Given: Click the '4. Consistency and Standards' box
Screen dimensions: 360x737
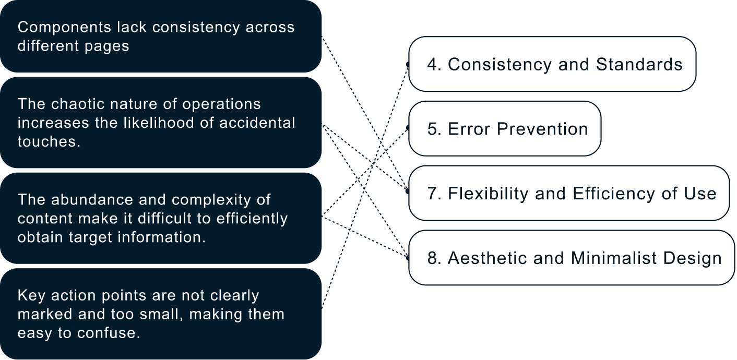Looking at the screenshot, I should (x=552, y=64).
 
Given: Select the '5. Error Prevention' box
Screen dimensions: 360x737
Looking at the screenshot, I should (x=505, y=129).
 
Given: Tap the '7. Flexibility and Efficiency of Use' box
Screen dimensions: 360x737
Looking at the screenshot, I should (x=569, y=194).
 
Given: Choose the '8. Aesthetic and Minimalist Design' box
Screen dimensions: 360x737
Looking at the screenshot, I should (x=572, y=258).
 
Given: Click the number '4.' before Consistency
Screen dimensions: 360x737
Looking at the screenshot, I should (x=434, y=64).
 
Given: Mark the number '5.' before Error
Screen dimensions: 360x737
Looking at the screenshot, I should (x=434, y=129).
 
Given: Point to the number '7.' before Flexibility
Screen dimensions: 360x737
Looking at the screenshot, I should (x=434, y=194).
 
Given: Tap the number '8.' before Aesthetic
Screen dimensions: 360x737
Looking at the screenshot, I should (x=434, y=258).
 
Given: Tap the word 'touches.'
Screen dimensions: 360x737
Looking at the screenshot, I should (x=49, y=141).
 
